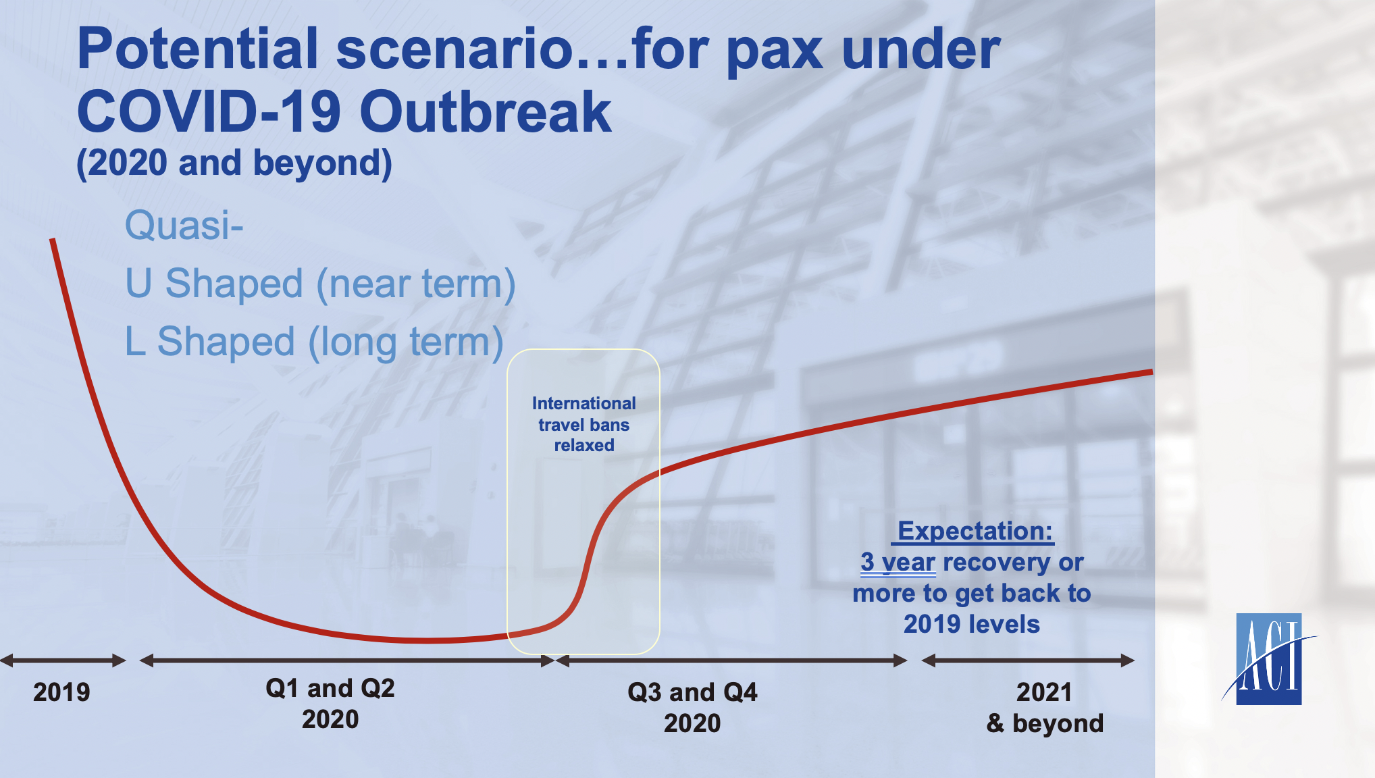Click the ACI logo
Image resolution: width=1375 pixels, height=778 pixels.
tap(1269, 658)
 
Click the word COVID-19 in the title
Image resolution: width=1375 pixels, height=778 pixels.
tap(209, 111)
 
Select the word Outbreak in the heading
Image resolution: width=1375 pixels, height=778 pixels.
tap(486, 111)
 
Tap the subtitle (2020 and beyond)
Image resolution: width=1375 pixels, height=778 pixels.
tap(234, 163)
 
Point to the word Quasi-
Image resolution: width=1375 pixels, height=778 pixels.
tap(184, 225)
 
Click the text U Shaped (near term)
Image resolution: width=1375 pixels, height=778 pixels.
tap(320, 284)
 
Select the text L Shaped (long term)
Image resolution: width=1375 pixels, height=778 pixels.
tap(314, 342)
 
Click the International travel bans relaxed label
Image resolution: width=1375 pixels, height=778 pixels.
tap(584, 424)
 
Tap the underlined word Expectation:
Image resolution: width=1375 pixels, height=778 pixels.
tap(975, 531)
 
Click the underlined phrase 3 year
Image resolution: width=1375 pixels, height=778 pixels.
tap(898, 562)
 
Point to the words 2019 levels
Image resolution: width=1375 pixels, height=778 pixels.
tap(972, 624)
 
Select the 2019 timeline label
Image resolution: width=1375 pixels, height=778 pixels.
tap(61, 692)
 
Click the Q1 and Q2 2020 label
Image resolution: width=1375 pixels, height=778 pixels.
tap(330, 704)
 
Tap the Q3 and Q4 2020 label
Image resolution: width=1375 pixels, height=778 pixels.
tap(692, 708)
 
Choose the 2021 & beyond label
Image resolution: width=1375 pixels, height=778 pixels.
tap(1045, 708)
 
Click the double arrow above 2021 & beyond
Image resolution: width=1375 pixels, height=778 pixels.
tap(1028, 660)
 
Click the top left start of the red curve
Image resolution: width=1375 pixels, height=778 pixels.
tap(52, 239)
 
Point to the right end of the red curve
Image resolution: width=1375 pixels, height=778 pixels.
tap(1151, 371)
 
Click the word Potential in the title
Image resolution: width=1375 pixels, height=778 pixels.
tap(198, 49)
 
